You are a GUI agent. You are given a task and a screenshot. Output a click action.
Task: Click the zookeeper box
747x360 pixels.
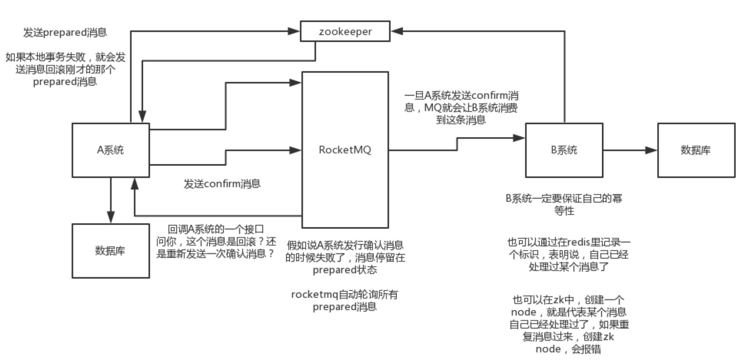[x=345, y=31]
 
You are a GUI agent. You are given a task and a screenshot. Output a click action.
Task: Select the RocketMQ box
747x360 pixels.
[x=345, y=149]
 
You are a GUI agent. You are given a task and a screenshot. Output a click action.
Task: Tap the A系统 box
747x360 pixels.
[x=111, y=150]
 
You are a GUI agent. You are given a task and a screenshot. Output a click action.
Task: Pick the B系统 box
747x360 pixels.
[x=564, y=150]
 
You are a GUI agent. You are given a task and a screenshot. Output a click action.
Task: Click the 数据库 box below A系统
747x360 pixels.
[x=111, y=251]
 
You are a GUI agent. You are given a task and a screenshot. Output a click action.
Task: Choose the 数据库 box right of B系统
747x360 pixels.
[x=696, y=150]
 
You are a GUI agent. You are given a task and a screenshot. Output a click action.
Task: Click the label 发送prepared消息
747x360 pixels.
[x=65, y=32]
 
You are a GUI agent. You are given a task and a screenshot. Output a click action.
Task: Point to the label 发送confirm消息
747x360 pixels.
[x=222, y=184]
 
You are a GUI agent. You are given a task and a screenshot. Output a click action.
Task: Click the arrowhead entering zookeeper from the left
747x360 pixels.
[x=294, y=31]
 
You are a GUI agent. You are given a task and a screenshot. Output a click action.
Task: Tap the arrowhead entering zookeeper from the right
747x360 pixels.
[x=397, y=31]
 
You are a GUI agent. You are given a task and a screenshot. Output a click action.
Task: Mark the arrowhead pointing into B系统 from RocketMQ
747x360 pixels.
[x=519, y=138]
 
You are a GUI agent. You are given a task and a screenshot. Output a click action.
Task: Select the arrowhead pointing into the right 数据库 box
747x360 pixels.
[x=651, y=150]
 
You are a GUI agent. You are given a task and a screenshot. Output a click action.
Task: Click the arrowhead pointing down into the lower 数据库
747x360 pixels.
[x=111, y=217]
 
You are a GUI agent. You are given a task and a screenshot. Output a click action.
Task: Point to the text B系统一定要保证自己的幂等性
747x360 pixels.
[x=564, y=205]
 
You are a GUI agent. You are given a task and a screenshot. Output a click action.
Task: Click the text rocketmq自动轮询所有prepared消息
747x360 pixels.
[x=345, y=301]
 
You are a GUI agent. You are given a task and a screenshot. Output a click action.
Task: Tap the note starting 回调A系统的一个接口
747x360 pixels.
[x=216, y=241]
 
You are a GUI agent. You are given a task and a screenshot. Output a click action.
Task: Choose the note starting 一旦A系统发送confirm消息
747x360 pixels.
[x=461, y=108]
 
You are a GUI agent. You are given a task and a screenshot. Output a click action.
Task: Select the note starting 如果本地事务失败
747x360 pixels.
[x=65, y=69]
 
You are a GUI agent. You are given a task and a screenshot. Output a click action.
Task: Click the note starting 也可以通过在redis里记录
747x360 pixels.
[x=569, y=255]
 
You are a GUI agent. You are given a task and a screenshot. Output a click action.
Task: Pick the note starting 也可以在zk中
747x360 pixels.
[x=568, y=324]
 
